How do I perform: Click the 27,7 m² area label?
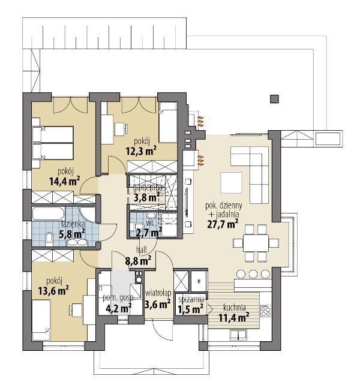pyautogui.click(x=223, y=224)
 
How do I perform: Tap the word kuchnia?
pyautogui.click(x=235, y=308)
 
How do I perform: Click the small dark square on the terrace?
pyautogui.click(x=274, y=99)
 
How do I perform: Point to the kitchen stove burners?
pyautogui.click(x=266, y=311)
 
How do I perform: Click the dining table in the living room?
pyautogui.click(x=256, y=243)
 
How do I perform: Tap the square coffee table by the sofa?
pyautogui.click(x=231, y=183)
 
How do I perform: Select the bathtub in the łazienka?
pyautogui.click(x=48, y=214)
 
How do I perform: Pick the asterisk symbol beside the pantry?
pyautogui.click(x=199, y=281)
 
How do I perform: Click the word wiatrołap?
pyautogui.click(x=158, y=293)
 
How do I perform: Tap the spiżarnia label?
pyautogui.click(x=191, y=299)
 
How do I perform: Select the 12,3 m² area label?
pyautogui.click(x=141, y=151)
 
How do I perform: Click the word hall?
pyautogui.click(x=142, y=250)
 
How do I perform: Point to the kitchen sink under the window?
pyautogui.click(x=238, y=335)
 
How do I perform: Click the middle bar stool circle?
pyautogui.click(x=253, y=274)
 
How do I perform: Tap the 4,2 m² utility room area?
pyautogui.click(x=118, y=309)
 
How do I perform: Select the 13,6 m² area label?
pyautogui.click(x=53, y=290)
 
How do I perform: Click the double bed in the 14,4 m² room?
pyautogui.click(x=53, y=143)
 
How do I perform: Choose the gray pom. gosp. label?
pyautogui.click(x=119, y=297)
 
